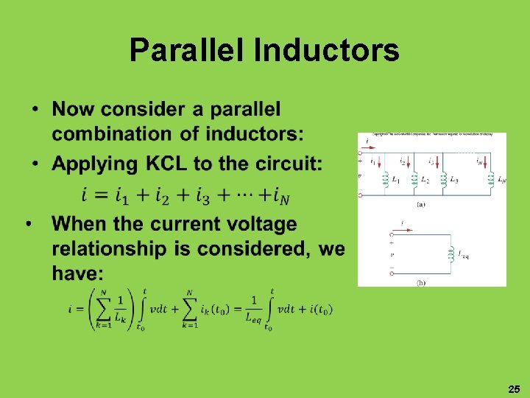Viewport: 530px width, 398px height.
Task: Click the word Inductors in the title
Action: tap(326, 51)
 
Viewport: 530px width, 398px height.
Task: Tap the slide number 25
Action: tap(513, 388)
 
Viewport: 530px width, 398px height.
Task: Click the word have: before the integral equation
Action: tap(77, 274)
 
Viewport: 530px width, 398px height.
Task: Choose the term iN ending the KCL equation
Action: tap(279, 195)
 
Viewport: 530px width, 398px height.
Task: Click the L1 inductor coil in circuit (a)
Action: tap(384, 178)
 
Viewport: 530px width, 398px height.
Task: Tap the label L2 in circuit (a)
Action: tap(425, 179)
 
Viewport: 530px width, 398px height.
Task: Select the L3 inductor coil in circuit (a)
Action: tap(443, 178)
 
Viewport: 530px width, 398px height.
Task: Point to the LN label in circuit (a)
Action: tap(501, 179)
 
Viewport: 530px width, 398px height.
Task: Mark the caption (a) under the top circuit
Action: tap(420, 203)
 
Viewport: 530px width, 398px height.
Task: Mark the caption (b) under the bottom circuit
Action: tap(420, 282)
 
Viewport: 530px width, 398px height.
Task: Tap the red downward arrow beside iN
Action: tap(487, 161)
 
